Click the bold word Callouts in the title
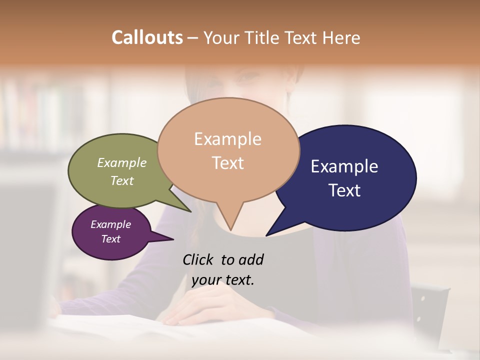pos(147,37)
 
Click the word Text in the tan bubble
pos(227,162)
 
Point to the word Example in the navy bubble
pos(344,166)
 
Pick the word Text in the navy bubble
pos(344,190)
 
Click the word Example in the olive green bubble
pos(121,162)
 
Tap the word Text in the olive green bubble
pos(121,180)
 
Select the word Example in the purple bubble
pos(110,224)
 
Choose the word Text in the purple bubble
pos(110,239)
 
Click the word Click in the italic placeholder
pos(198,259)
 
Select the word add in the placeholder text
pos(251,259)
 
